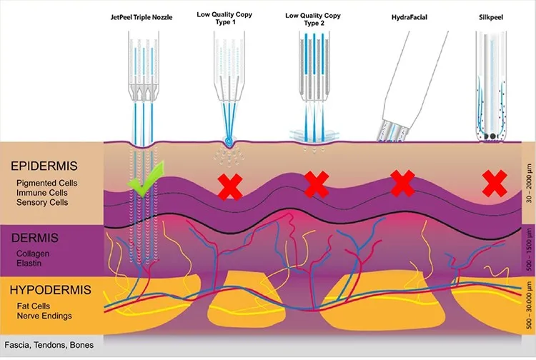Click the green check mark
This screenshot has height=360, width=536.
[x=146, y=180]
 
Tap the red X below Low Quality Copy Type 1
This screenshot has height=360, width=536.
[x=230, y=186]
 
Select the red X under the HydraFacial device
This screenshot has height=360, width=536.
[x=402, y=184]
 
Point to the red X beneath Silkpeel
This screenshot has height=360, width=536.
[x=495, y=184]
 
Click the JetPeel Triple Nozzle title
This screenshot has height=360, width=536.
[x=142, y=17]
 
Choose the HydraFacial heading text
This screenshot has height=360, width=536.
[x=410, y=17]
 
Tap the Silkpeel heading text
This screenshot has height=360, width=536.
[x=491, y=17]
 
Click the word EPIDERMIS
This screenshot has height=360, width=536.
[x=44, y=166]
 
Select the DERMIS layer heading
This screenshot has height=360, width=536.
[x=35, y=238]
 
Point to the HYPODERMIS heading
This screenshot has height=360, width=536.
[x=51, y=289]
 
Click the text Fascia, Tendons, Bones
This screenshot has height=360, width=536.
[x=49, y=345]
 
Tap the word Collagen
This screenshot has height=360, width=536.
[x=33, y=254]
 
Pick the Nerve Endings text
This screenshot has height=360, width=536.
[x=44, y=316]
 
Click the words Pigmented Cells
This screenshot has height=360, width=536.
[x=47, y=183]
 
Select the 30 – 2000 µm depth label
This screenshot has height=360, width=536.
[x=529, y=184]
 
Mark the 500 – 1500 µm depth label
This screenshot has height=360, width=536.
[x=529, y=250]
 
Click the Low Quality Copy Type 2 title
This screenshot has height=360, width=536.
[x=313, y=19]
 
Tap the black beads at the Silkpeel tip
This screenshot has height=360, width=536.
[x=492, y=136]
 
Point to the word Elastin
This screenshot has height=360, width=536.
[x=29, y=264]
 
